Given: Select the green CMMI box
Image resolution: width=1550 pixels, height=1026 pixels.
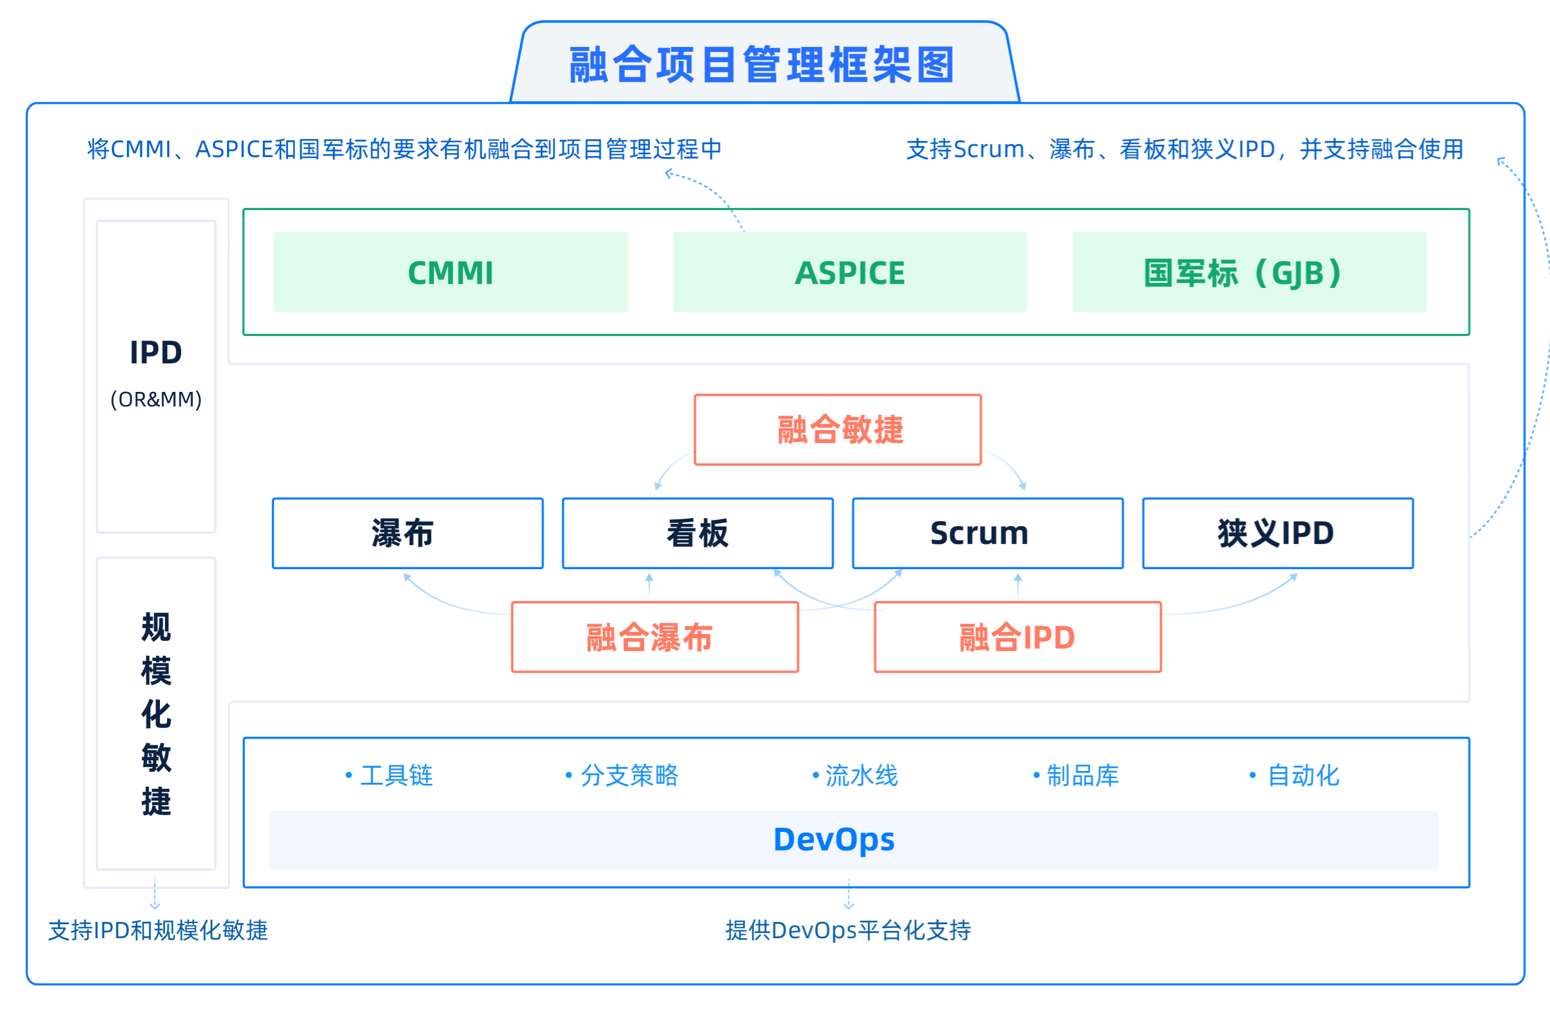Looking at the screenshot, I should click(450, 272).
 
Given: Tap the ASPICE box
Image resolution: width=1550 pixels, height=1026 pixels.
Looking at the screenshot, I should click(850, 272).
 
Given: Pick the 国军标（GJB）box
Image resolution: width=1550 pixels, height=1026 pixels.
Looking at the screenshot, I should click(1249, 272).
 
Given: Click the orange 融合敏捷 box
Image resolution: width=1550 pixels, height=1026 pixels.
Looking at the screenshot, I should click(838, 430).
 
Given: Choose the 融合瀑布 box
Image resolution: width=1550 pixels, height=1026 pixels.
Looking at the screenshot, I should click(654, 637).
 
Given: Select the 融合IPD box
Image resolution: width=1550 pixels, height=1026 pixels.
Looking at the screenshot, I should click(1017, 637).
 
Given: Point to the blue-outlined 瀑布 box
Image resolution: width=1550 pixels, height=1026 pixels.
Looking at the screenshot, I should click(407, 533).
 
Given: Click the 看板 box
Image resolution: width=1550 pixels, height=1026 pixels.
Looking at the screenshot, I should click(698, 533).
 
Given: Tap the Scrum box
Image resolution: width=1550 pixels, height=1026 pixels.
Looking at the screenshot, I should click(987, 533).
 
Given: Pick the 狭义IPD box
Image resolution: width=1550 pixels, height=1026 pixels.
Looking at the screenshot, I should click(1278, 533).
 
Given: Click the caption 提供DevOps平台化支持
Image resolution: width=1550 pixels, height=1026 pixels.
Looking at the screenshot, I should click(847, 930).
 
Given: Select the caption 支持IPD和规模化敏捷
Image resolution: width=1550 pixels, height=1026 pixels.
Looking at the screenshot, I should click(158, 930).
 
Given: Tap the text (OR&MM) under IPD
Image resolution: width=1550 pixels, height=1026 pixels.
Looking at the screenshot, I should click(156, 399).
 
